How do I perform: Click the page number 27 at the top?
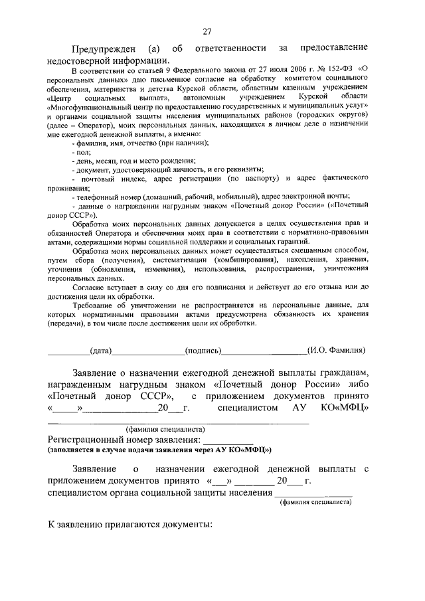pos(207,32)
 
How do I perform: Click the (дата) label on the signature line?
pos(100,350)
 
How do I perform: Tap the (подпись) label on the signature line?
pos(204,350)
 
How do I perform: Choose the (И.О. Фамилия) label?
pos(336,350)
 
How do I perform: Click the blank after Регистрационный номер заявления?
pos(228,440)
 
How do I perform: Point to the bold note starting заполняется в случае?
pos(159,450)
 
